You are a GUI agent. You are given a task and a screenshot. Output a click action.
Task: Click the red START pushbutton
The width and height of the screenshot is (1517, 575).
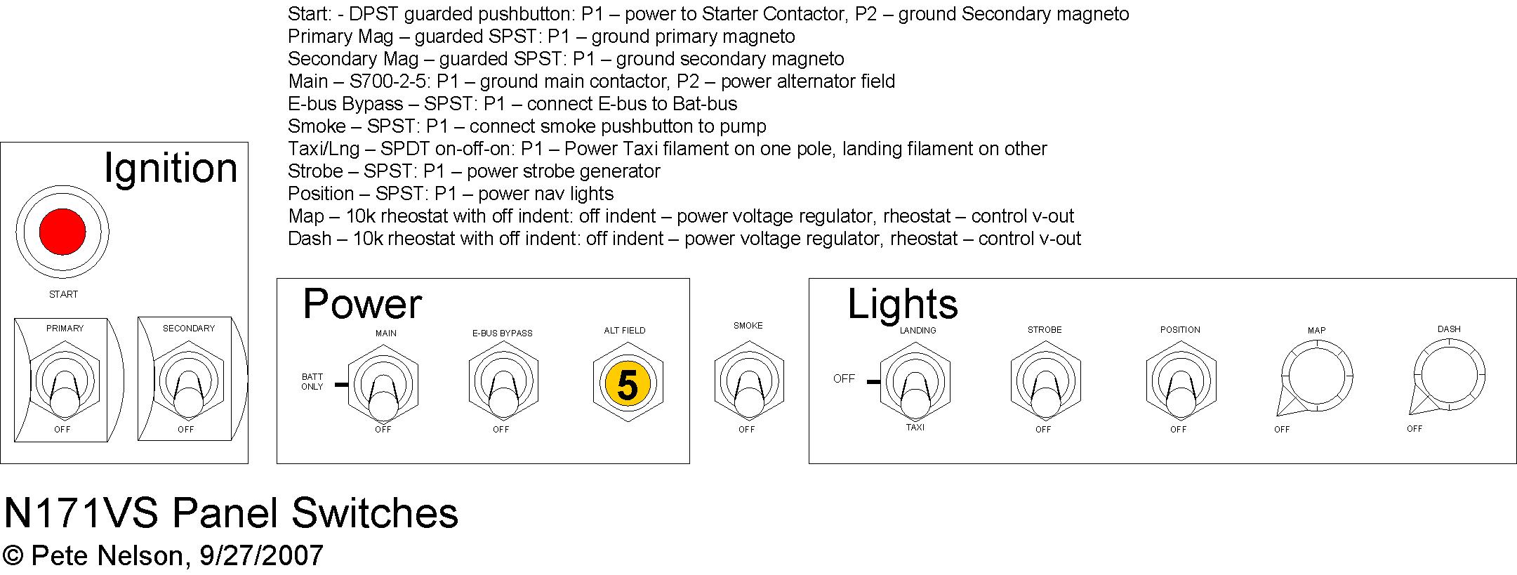click(62, 232)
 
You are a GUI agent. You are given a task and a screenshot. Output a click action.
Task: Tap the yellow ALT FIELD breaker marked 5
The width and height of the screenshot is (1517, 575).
click(627, 384)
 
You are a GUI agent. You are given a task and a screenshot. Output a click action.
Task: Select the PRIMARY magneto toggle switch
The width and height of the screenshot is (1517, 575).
click(62, 383)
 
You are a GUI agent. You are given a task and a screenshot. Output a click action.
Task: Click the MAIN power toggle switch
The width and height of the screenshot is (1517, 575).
click(383, 383)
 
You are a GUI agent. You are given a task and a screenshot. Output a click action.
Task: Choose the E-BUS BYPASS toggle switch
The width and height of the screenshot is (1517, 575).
click(503, 383)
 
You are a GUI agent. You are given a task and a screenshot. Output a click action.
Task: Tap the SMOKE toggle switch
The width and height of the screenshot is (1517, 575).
click(748, 383)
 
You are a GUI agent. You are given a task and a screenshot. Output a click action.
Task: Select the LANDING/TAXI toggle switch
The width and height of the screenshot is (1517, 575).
click(915, 383)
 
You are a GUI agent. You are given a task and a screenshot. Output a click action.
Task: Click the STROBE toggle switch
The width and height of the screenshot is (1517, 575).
click(1045, 383)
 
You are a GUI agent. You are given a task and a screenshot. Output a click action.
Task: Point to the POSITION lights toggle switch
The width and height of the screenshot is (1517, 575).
click(1181, 383)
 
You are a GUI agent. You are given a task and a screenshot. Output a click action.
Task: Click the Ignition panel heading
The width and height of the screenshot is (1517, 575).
click(171, 169)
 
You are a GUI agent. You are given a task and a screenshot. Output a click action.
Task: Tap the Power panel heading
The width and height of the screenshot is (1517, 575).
click(362, 304)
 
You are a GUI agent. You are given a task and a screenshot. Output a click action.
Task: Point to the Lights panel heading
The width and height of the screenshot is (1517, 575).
click(903, 305)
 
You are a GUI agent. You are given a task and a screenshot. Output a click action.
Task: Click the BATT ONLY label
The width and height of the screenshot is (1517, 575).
click(312, 382)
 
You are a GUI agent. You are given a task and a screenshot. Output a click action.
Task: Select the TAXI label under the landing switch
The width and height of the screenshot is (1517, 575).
click(915, 428)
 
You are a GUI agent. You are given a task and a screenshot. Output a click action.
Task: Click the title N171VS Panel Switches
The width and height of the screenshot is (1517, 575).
click(231, 513)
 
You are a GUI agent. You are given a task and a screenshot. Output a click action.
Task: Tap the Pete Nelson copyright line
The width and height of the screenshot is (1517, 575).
click(163, 555)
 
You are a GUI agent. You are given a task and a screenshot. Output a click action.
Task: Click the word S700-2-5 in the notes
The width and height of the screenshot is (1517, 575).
click(388, 81)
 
